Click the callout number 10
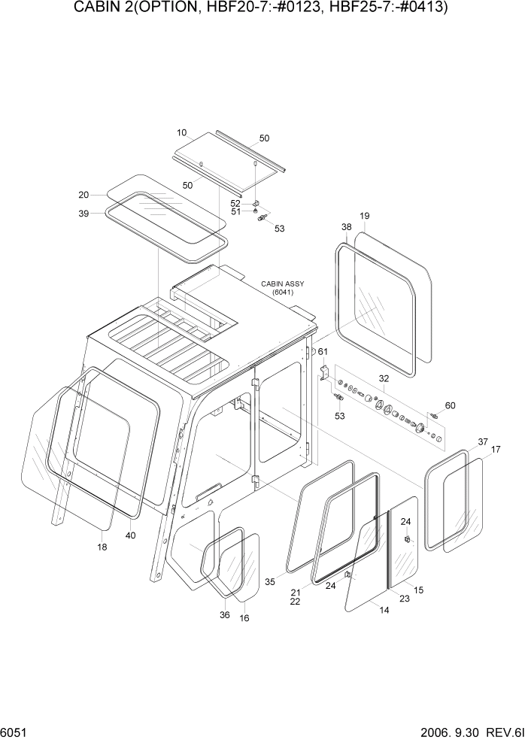(181, 132)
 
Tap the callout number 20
(83, 195)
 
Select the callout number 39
(83, 214)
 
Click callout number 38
(346, 226)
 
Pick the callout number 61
(323, 352)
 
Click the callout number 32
(384, 379)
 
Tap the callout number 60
(450, 406)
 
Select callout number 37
(482, 441)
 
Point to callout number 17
(496, 450)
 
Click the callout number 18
(102, 547)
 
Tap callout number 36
(224, 614)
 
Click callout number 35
(271, 581)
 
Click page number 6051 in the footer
(15, 732)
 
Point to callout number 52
(235, 203)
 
